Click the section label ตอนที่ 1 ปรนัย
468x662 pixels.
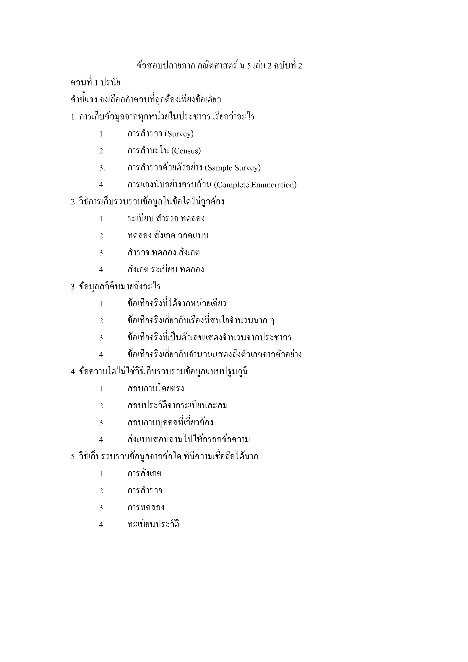click(96, 83)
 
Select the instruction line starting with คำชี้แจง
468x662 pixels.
click(146, 100)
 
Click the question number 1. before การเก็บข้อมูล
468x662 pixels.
click(74, 117)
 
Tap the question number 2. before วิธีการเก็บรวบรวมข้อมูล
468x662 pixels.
click(74, 202)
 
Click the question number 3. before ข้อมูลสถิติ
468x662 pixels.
click(74, 287)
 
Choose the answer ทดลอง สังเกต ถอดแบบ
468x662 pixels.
click(168, 236)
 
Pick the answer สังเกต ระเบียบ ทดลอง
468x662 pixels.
click(165, 270)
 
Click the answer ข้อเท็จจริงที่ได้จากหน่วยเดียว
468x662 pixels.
click(177, 304)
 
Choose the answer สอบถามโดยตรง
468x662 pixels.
click(156, 389)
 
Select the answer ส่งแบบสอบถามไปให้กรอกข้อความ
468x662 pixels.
click(189, 440)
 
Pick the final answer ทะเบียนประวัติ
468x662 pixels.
click(153, 524)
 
